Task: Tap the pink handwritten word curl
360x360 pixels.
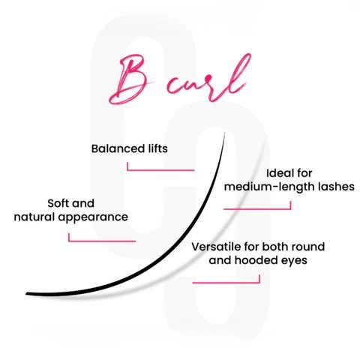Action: [208, 80]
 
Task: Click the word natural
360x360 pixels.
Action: [34, 217]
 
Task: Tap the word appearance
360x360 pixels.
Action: [93, 217]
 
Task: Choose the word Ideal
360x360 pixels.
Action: [276, 173]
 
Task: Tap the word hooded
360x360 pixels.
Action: [256, 260]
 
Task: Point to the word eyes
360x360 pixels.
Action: [294, 261]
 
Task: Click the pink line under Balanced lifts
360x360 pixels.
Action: [160, 170]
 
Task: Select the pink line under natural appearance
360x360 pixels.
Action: [102, 241]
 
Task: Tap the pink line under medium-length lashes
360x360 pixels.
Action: [257, 208]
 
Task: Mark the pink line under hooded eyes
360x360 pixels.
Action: [226, 283]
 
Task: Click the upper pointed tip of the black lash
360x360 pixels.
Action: [225, 132]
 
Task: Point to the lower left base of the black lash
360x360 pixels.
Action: [26, 294]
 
